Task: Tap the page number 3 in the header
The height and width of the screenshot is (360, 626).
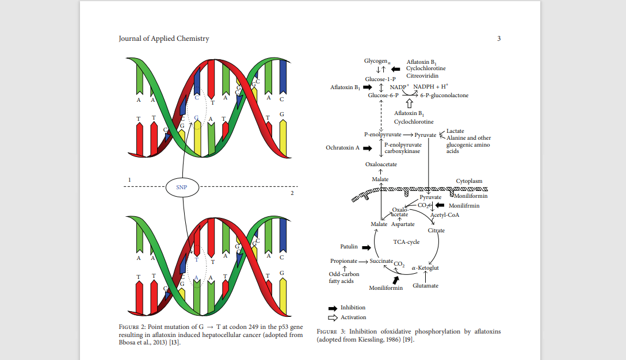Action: point(499,39)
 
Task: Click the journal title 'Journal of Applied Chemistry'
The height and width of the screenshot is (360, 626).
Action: point(164,39)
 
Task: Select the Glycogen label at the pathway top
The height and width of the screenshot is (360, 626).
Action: point(377,61)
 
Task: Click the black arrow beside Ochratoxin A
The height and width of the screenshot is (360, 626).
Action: point(366,148)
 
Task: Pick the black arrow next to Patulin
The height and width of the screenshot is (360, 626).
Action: point(365,247)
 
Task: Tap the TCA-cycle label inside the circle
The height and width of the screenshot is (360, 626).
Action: point(406,242)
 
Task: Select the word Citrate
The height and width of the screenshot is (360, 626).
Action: point(436,231)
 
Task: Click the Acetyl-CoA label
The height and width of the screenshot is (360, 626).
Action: point(445,215)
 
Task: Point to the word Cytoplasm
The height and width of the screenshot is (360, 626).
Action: point(469,181)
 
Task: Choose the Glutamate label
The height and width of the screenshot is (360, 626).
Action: point(426,286)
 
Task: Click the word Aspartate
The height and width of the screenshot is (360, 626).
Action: point(403,224)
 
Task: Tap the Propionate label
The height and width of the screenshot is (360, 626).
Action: point(344,261)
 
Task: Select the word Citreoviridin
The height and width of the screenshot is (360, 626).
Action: point(422,76)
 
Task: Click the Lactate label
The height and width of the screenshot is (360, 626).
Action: point(455,131)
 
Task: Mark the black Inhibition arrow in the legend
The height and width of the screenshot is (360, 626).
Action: point(333,308)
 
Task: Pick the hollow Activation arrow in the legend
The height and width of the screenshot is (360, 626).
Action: point(333,317)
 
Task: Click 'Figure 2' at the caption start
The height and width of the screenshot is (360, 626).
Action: point(132,327)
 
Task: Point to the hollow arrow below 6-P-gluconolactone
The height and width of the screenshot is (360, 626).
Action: point(410,104)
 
